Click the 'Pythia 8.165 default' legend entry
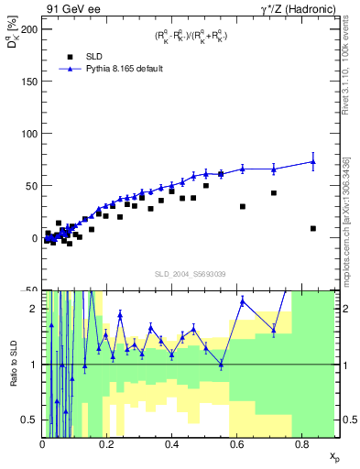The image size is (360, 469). (115, 69)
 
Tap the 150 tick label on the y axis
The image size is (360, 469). (28, 82)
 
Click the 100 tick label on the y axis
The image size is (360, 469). (28, 134)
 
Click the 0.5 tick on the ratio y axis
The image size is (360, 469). (30, 420)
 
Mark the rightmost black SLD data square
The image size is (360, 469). (313, 228)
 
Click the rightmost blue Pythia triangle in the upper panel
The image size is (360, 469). (313, 161)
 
